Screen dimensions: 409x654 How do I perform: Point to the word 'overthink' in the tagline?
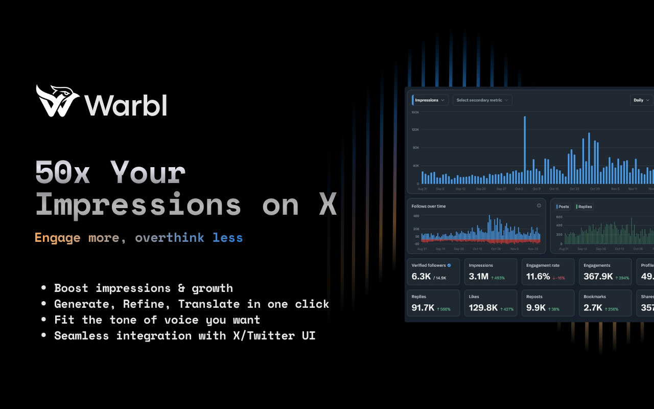click(x=169, y=238)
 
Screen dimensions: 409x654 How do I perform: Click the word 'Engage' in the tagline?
click(x=57, y=238)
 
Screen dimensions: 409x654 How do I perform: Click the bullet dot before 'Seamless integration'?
click(x=43, y=336)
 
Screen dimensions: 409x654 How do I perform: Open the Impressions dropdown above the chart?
click(x=430, y=100)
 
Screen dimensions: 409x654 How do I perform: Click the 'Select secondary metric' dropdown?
click(x=482, y=100)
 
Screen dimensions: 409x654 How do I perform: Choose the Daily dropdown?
click(x=641, y=100)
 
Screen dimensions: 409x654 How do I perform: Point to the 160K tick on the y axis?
click(x=415, y=112)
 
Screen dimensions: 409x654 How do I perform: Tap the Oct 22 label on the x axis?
click(x=574, y=189)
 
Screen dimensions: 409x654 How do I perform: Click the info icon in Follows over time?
click(x=539, y=206)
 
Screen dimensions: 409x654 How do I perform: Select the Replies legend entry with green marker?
click(x=584, y=207)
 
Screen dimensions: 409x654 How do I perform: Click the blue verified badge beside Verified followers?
click(x=449, y=265)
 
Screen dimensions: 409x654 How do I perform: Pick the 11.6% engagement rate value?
click(x=538, y=277)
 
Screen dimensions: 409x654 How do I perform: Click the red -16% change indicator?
click(x=558, y=278)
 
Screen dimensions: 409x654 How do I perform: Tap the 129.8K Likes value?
click(x=483, y=308)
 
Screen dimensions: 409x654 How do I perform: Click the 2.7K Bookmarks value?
click(x=593, y=308)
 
